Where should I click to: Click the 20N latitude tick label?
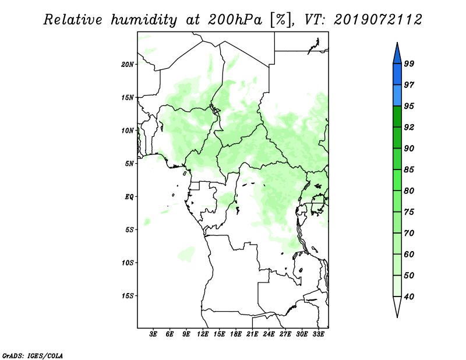coord(128,65)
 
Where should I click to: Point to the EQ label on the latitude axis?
coord(129,197)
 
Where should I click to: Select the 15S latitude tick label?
coord(128,296)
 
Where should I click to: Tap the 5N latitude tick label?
coord(129,164)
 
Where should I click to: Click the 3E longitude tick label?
coord(153,334)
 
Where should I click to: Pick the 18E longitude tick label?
coord(236,334)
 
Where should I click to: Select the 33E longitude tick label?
coord(318,334)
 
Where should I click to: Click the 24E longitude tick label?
coord(269,334)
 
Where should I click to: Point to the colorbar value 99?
coord(409,63)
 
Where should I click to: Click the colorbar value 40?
coord(409,297)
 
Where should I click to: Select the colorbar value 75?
coord(409,212)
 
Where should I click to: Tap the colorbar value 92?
coord(409,127)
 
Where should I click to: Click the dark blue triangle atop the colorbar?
coord(397,54)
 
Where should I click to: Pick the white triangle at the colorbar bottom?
coord(397,306)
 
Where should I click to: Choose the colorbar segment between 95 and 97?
coord(397,96)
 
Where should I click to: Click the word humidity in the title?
coord(144,20)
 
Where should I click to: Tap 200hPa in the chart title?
coord(235,20)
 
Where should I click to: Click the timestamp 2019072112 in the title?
coord(377,20)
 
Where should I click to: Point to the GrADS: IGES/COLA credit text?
coord(33,356)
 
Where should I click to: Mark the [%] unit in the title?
coord(281,20)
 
